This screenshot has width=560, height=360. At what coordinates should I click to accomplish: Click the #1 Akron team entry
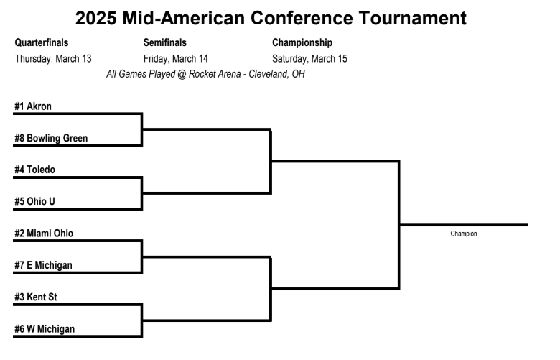click(x=33, y=106)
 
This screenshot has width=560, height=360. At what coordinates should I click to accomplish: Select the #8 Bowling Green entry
click(x=51, y=139)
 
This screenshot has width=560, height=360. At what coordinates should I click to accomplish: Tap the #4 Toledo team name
click(x=34, y=170)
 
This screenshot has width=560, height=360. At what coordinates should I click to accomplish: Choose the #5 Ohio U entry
click(x=34, y=202)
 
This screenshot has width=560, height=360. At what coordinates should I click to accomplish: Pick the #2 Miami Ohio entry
click(x=43, y=234)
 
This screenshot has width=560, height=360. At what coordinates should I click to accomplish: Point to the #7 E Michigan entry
click(x=43, y=265)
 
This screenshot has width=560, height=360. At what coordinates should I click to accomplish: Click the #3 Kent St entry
click(x=36, y=297)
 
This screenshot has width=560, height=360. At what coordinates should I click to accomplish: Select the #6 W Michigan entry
click(x=45, y=329)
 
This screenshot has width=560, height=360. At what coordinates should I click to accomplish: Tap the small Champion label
click(x=464, y=234)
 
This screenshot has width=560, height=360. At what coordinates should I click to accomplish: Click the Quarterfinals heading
click(x=42, y=43)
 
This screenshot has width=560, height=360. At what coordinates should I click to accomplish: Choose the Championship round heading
click(x=302, y=43)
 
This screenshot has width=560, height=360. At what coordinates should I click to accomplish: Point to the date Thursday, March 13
click(x=53, y=59)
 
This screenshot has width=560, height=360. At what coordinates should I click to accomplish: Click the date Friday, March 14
click(x=176, y=59)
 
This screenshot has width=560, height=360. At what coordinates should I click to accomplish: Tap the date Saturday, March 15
click(x=310, y=59)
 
